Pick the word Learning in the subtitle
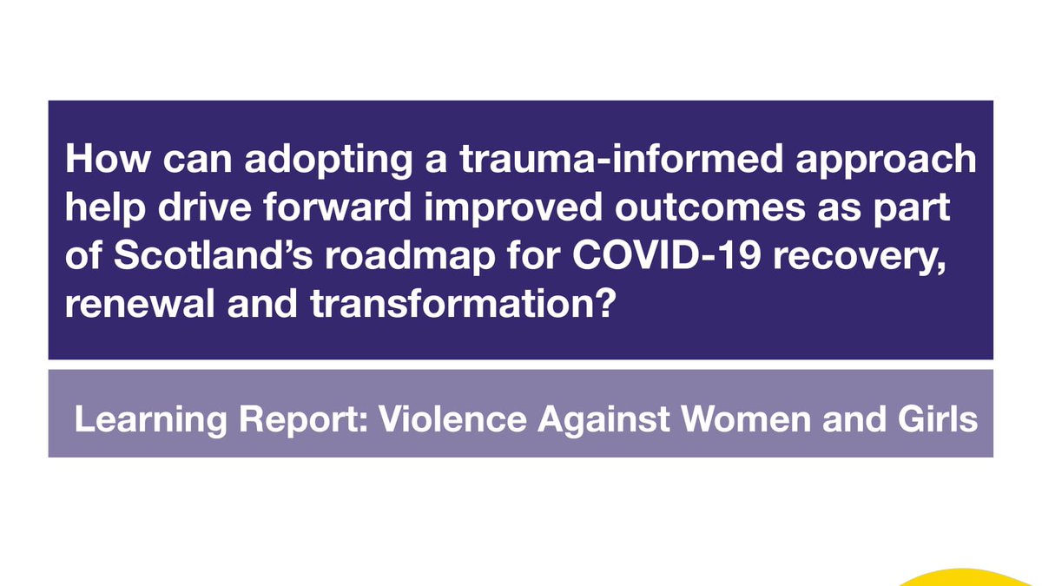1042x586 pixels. [130, 420]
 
